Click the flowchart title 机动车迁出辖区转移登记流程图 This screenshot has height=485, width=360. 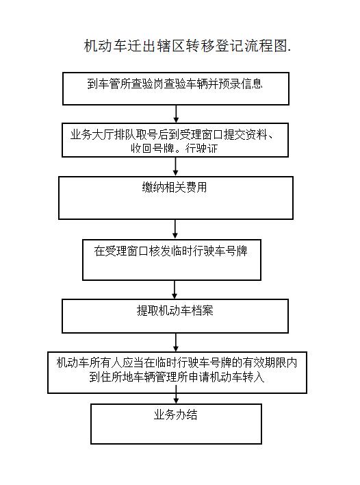tap(188, 46)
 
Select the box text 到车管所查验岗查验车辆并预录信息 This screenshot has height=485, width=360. tap(175, 84)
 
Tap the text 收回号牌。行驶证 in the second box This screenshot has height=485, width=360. tap(175, 149)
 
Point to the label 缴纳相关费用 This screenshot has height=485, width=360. tap(175, 187)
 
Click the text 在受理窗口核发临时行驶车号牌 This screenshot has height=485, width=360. tap(171, 251)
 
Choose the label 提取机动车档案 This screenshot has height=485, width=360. tap(175, 310)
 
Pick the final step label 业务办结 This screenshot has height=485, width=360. tap(175, 415)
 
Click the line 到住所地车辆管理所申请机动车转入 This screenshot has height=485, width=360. tap(177, 377)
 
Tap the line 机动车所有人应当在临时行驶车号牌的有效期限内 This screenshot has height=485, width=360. tap(177, 362)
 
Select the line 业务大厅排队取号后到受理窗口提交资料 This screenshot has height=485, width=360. tap(172, 134)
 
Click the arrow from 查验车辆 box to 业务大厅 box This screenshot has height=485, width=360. tap(176, 114)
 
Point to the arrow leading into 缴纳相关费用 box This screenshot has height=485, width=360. tap(176, 166)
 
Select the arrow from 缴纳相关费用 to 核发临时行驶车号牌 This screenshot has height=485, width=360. tap(175, 229)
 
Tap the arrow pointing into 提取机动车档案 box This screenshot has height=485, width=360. tap(175, 290)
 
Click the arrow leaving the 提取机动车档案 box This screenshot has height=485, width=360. tap(176, 343)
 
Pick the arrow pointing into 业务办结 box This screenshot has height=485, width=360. tap(176, 399)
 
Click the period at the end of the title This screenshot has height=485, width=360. tap(290, 51)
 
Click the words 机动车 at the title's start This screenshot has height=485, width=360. tap(105, 46)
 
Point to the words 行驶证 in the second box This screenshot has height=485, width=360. tap(201, 149)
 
